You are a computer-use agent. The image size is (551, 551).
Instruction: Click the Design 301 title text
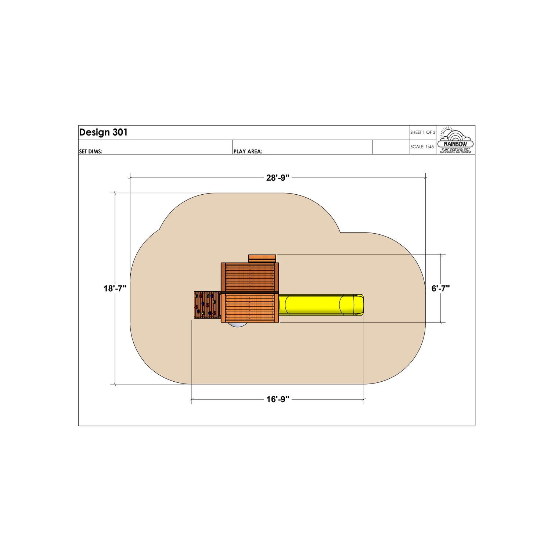click(x=103, y=132)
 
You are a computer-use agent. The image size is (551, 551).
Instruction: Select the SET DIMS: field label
click(x=91, y=151)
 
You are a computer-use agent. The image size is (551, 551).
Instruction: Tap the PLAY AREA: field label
click(x=248, y=151)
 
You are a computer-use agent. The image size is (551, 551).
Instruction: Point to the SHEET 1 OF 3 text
click(x=423, y=132)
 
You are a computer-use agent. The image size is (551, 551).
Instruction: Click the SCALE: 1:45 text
click(x=422, y=147)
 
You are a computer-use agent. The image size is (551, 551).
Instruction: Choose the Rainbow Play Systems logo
click(x=455, y=140)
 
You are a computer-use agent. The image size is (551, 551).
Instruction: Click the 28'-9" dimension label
click(x=278, y=178)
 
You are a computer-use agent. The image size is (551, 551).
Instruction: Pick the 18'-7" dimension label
click(x=115, y=288)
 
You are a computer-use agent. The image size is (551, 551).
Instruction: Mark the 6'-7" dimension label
click(x=440, y=288)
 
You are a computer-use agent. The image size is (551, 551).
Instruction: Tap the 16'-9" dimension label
click(x=278, y=399)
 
